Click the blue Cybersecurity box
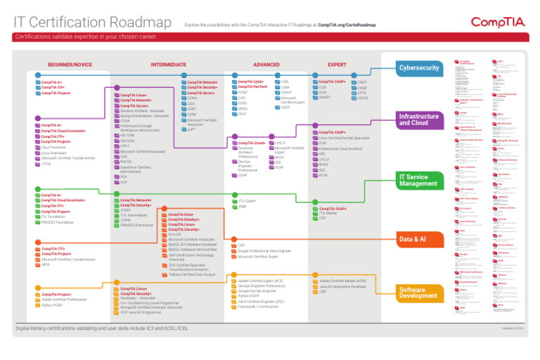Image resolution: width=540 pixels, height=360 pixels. pos(419,68)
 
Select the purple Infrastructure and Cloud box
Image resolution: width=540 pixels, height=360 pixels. pos(419,120)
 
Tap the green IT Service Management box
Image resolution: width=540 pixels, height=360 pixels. pos(419,180)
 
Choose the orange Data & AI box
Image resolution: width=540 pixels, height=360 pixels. pos(419,240)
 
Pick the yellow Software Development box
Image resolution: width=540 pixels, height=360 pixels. pos(419,292)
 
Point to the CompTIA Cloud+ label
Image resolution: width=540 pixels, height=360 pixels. pos(251,143)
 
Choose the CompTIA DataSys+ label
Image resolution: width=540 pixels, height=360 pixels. pos(184,219)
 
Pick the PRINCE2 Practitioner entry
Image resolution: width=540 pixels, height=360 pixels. pos(137,225)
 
